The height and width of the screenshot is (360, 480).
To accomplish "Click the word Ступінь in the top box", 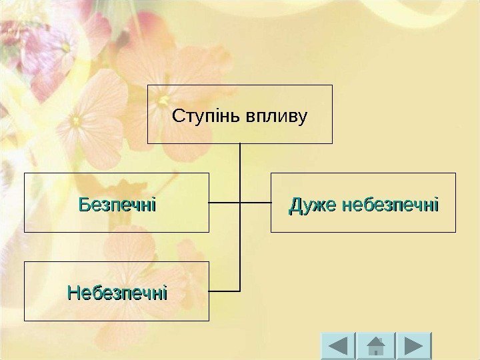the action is coord(202,117).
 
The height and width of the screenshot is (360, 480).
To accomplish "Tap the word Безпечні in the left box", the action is coord(117,204).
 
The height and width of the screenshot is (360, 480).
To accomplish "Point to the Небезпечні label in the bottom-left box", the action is coord(117,293).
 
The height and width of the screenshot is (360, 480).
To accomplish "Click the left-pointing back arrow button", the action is coord(338,347).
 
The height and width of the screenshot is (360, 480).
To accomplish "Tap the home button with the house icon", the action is coord(376,347).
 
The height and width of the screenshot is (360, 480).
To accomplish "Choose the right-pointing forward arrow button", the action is coord(414,347).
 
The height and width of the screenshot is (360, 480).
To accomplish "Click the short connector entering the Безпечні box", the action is coord(224,201).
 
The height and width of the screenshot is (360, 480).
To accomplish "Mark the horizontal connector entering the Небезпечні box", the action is coord(224,291).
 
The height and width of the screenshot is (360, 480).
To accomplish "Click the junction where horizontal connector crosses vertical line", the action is coord(240,201).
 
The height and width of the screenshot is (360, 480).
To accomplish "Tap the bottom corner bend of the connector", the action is coord(239,291).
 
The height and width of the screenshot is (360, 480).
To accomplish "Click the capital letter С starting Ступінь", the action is coord(177,117).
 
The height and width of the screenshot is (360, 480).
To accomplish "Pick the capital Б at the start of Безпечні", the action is coord(84,204).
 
